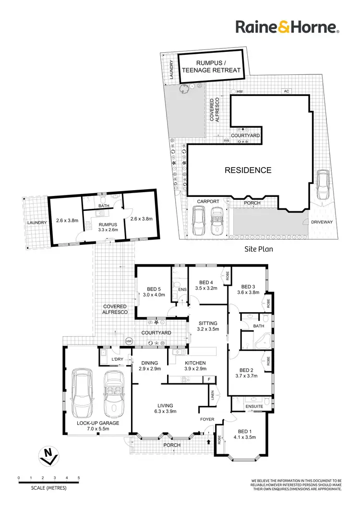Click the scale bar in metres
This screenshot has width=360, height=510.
point(48,482)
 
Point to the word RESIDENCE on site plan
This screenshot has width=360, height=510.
point(249,170)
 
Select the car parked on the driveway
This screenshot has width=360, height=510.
point(322,184)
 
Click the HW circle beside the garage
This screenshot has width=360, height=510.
point(129,341)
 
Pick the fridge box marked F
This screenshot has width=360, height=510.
point(208,379)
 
